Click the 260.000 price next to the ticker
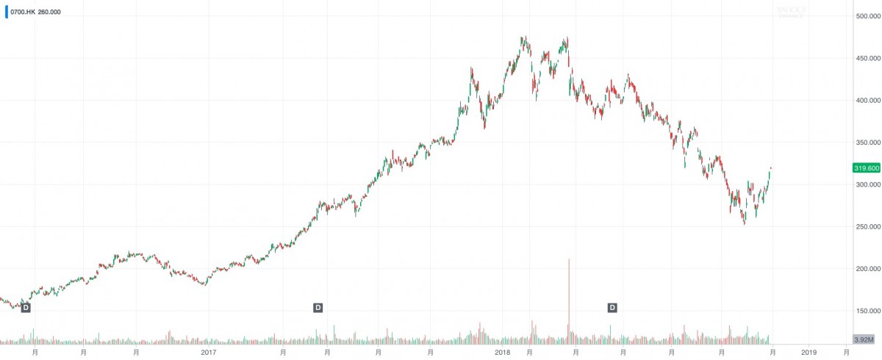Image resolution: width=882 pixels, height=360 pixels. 49,12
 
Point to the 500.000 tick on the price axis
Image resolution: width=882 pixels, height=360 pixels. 867,16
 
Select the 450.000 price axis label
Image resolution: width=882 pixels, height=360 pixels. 867,58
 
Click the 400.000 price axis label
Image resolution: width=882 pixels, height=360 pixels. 867,100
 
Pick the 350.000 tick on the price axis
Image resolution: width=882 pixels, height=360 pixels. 867,142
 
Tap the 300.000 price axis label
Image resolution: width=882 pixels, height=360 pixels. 867,184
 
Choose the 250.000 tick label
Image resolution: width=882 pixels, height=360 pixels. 867,226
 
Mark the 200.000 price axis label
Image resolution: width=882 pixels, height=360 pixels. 867,268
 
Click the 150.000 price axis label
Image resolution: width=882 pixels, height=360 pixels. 867,310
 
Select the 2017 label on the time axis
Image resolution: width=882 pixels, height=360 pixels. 208,353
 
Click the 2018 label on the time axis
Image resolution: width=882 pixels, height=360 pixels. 502,353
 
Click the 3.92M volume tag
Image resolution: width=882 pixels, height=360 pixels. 863,339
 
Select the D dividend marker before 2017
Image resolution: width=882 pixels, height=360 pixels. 26,307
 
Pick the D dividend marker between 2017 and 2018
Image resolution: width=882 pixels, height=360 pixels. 318,307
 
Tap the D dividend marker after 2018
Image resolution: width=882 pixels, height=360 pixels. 612,307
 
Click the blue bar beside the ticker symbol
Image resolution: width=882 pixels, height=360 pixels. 6,12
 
